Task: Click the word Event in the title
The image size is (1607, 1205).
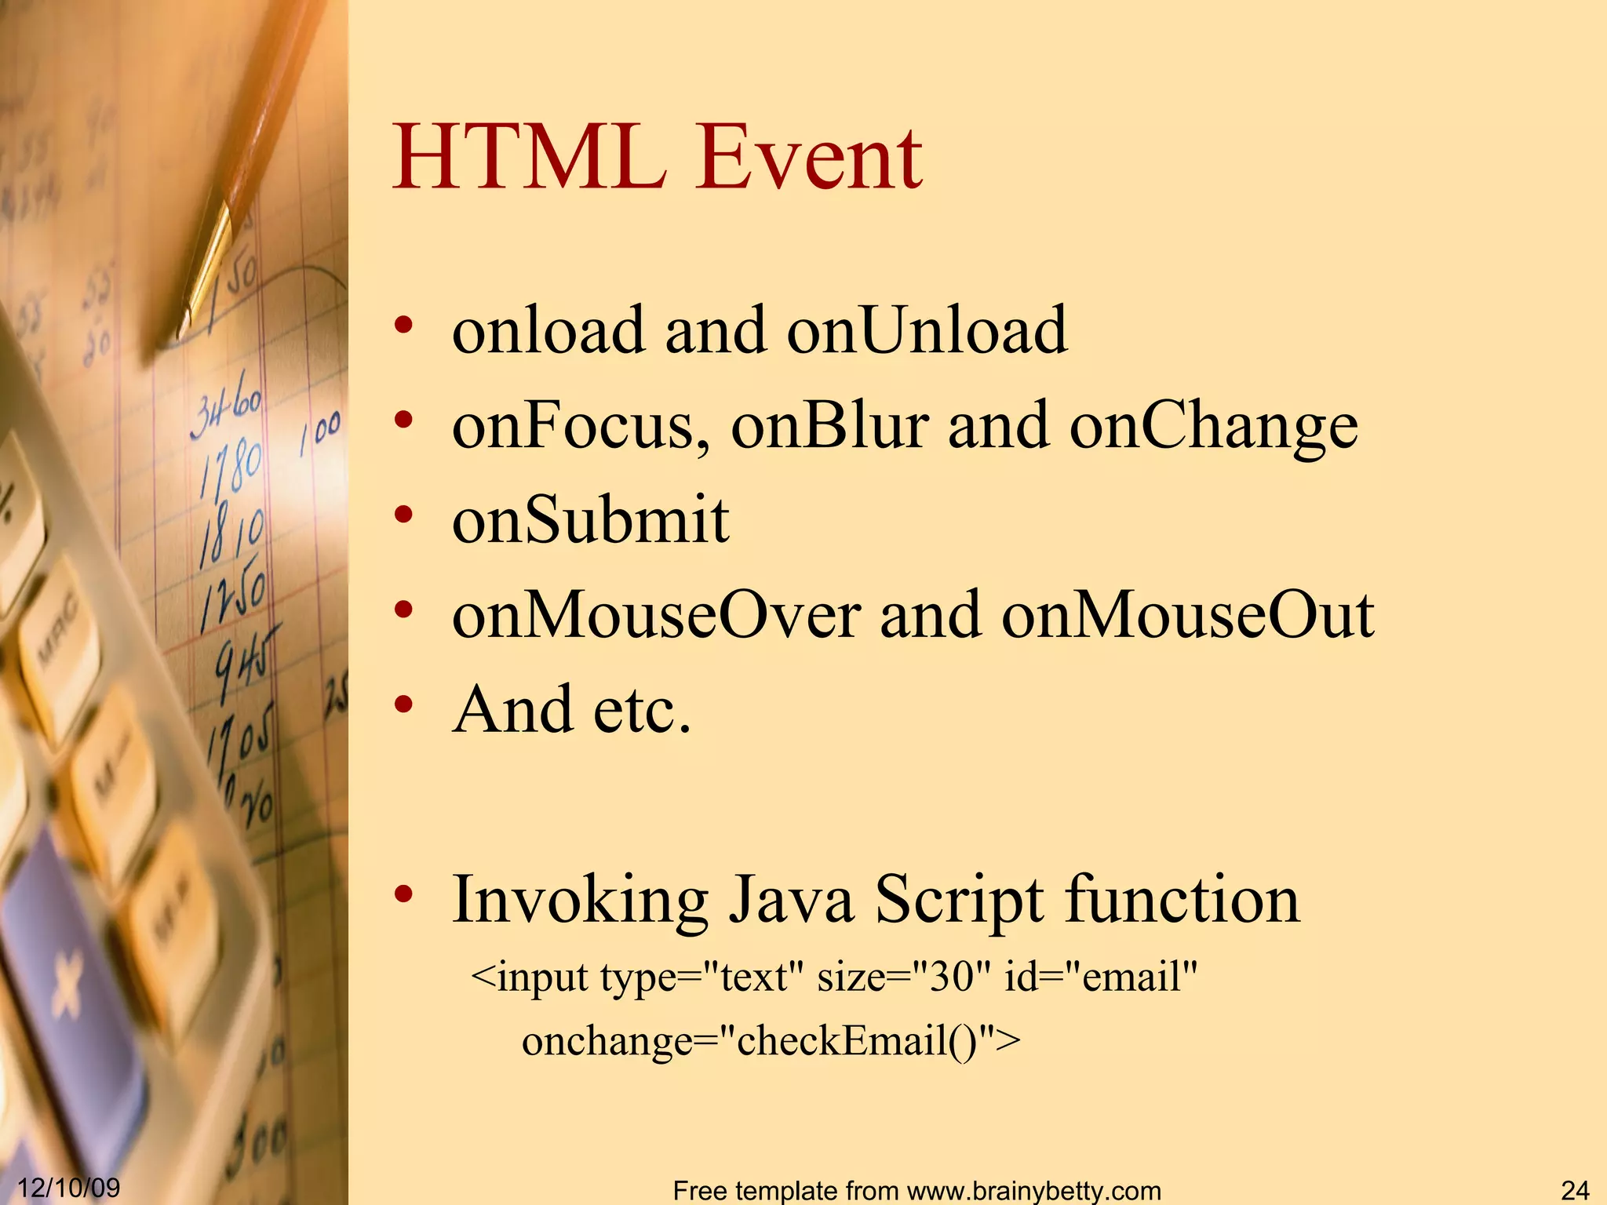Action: point(810,159)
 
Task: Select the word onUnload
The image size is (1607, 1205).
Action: point(927,330)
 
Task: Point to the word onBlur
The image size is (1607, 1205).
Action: point(829,426)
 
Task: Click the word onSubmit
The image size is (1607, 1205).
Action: point(590,520)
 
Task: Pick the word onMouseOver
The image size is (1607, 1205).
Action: point(656,615)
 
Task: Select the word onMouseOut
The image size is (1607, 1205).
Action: point(1187,615)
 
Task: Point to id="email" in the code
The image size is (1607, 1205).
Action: point(1100,977)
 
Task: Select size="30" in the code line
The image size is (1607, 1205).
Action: point(902,977)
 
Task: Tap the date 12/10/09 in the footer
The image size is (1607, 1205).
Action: point(68,1188)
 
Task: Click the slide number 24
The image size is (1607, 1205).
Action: point(1575,1190)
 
